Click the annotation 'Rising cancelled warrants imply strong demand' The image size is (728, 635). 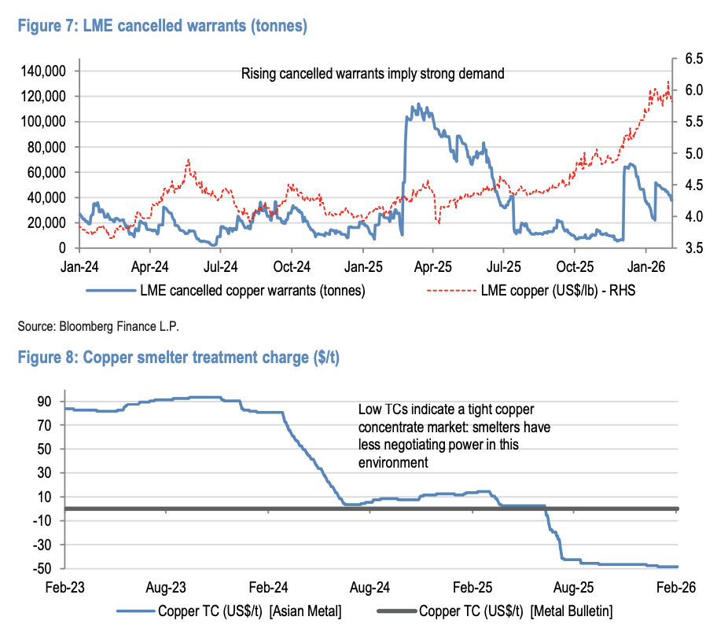(373, 75)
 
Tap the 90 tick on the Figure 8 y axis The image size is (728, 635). (44, 402)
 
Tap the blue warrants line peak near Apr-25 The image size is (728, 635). (417, 105)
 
